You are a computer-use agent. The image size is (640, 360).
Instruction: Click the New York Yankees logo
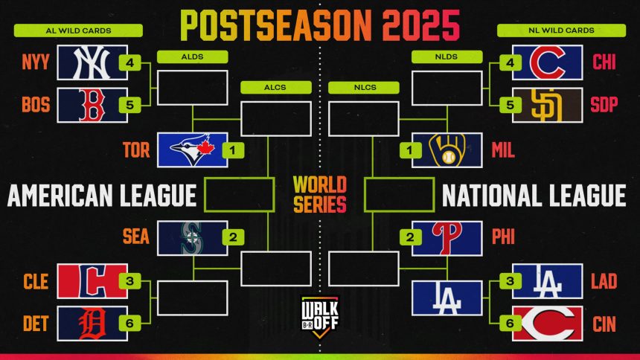point(92,62)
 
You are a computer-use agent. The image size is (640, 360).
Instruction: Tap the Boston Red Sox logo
point(92,105)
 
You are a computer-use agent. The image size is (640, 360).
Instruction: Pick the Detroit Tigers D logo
point(92,324)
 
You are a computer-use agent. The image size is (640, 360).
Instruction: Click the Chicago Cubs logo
point(547,62)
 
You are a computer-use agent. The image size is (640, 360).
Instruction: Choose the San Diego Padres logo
point(547,105)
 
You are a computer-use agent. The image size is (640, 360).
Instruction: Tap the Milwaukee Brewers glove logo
point(447,150)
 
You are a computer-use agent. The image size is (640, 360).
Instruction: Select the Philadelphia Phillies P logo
point(447,238)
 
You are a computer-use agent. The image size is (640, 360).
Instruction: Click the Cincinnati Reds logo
point(547,324)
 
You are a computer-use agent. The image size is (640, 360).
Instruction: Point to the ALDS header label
point(192,57)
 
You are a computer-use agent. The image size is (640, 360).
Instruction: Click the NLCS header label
point(364,87)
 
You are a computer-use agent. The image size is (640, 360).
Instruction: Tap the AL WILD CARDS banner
point(78,30)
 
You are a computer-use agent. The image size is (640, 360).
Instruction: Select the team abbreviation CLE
point(36,282)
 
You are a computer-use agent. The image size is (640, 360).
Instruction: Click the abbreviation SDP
point(604,105)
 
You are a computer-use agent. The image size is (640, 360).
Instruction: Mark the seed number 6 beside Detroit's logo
point(129,324)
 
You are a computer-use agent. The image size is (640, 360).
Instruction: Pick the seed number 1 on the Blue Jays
point(233,150)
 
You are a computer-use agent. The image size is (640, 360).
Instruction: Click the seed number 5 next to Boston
point(129,105)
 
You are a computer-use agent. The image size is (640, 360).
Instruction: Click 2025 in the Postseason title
point(420,25)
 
